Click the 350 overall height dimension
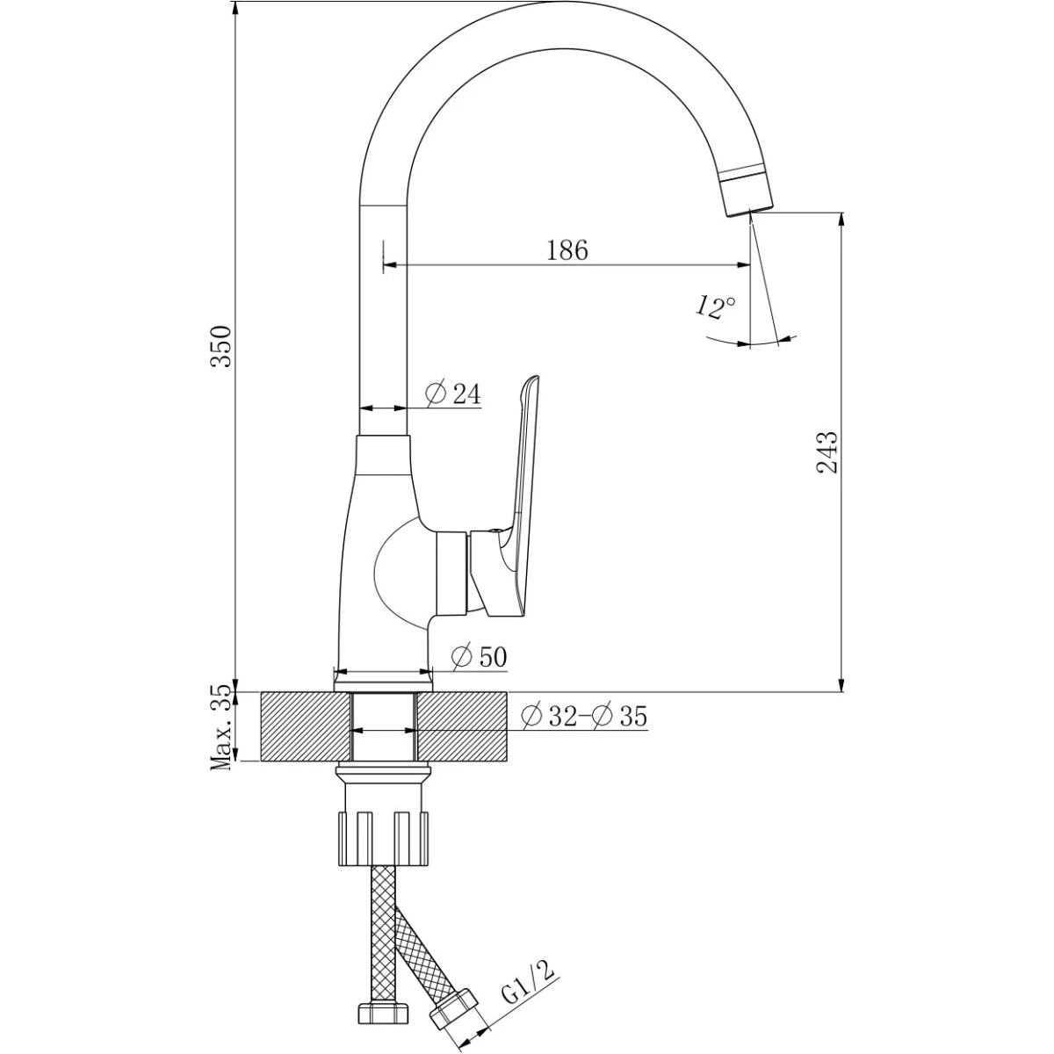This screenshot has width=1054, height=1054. coord(222,346)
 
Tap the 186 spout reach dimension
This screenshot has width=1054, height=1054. coord(567,250)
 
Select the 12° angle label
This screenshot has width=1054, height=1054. coord(716,307)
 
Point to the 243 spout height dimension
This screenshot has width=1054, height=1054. coord(827,451)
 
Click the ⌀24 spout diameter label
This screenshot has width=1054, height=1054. coord(453,393)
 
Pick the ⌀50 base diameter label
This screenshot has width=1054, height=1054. coord(480,657)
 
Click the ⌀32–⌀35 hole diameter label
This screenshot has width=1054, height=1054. coord(584,716)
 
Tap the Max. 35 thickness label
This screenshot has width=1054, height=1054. coord(222,727)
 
